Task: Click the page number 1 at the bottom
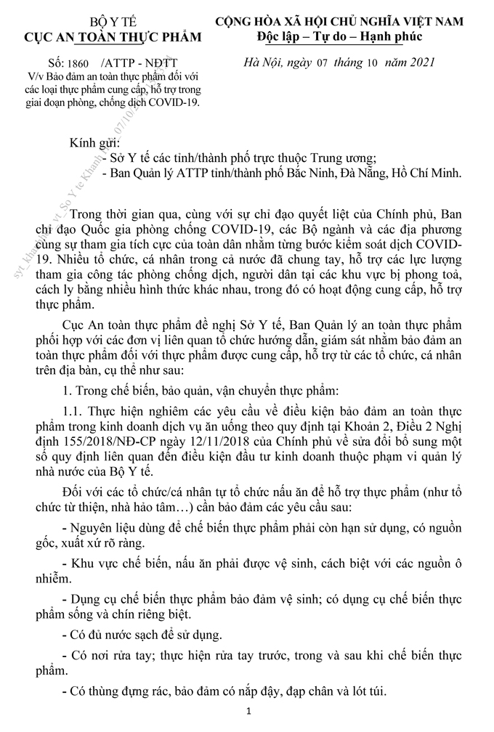click(248, 713)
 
